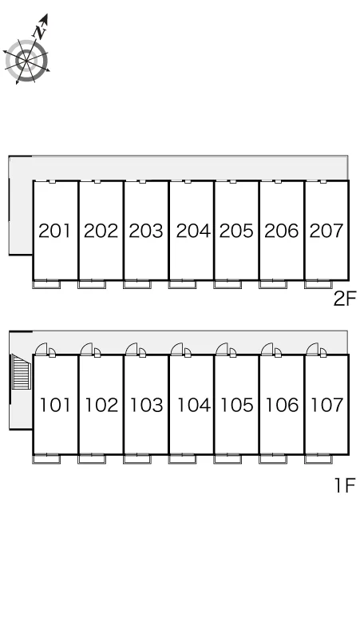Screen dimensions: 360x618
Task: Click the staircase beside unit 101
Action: (x=22, y=371)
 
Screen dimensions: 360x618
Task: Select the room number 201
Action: (x=55, y=231)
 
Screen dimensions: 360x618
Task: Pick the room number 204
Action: (x=193, y=231)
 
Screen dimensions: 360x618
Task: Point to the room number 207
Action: (x=326, y=231)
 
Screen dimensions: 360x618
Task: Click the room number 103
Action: (x=147, y=405)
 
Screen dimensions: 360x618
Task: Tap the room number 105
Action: (x=237, y=405)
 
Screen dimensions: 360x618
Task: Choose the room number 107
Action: (x=327, y=405)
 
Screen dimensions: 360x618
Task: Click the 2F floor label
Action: (x=345, y=299)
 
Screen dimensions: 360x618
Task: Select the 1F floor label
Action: (x=345, y=485)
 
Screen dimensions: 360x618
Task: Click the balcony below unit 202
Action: (x=92, y=284)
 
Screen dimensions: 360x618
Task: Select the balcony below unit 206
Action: (x=273, y=284)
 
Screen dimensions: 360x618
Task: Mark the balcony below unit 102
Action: (x=92, y=458)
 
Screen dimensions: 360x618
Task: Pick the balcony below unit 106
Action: (x=273, y=458)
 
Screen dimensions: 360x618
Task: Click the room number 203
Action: (x=146, y=231)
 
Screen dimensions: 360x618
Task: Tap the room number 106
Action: (x=282, y=405)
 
